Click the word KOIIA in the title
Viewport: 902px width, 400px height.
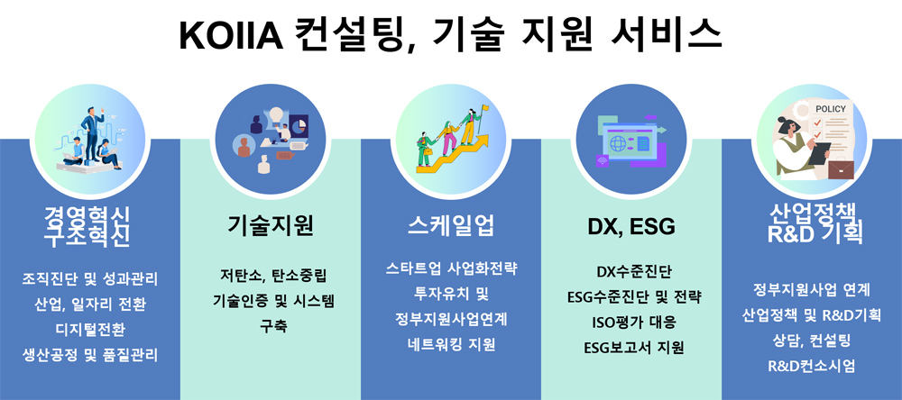(x=231, y=36)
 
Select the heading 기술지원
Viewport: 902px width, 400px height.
(x=271, y=226)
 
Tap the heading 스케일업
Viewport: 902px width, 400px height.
(x=451, y=226)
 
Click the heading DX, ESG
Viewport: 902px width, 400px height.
(x=631, y=227)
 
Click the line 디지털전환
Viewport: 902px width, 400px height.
(x=89, y=330)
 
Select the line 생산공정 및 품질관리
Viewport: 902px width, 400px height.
(x=89, y=355)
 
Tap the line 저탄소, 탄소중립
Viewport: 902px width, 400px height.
(x=271, y=276)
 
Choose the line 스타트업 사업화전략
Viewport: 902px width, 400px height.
(x=451, y=268)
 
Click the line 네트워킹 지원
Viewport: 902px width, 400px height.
(x=451, y=344)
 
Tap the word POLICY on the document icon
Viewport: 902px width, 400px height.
(x=831, y=109)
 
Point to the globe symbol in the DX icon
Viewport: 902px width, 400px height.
(x=618, y=142)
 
